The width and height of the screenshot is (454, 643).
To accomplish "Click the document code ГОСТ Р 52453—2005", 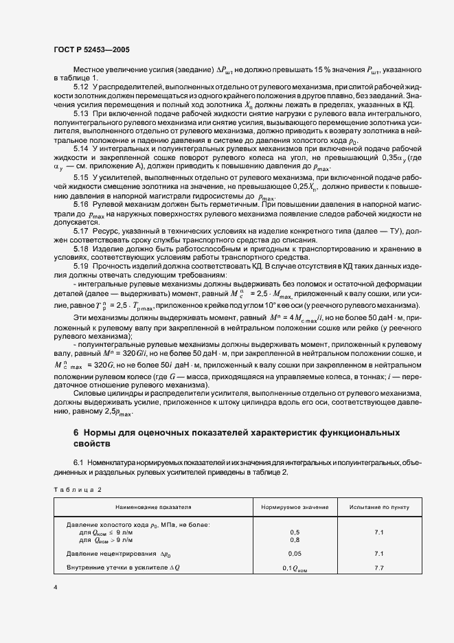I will [x=91, y=50].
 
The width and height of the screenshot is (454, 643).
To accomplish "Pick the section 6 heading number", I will [x=76, y=433].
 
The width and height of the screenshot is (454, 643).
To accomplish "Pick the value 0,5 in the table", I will [x=295, y=532].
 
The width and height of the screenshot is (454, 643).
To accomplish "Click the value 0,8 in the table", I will [x=295, y=540].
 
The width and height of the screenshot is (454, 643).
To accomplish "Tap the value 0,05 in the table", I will [x=295, y=553].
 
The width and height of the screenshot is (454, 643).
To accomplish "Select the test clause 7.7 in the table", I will [x=379, y=567].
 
